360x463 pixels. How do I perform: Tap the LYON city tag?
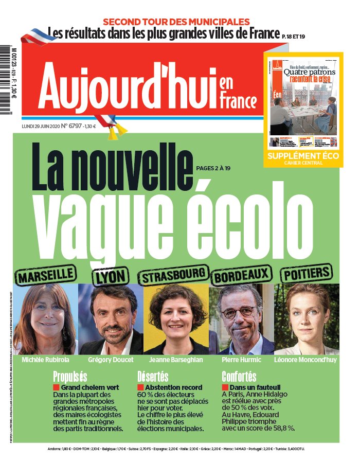click(110, 276)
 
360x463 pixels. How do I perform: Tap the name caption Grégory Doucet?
click(110, 360)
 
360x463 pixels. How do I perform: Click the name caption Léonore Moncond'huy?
click(305, 360)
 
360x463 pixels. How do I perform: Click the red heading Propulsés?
click(70, 376)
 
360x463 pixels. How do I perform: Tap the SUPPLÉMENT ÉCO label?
click(302, 156)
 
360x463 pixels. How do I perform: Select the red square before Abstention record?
click(140, 387)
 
